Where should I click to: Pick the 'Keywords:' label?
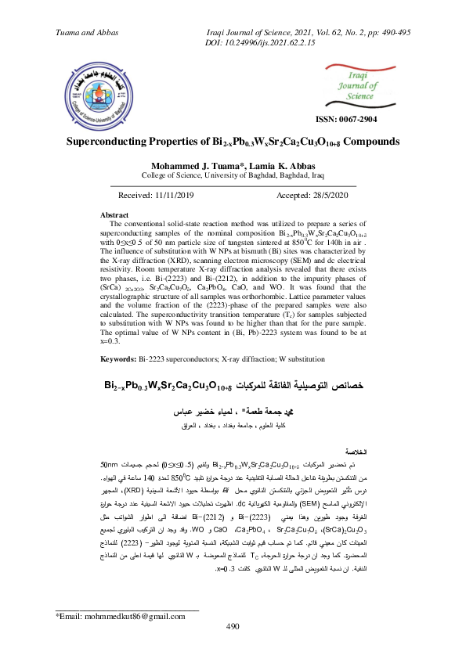pos(125,358)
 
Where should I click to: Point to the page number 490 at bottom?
pos(232,627)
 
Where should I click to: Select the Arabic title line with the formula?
pos(233,387)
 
